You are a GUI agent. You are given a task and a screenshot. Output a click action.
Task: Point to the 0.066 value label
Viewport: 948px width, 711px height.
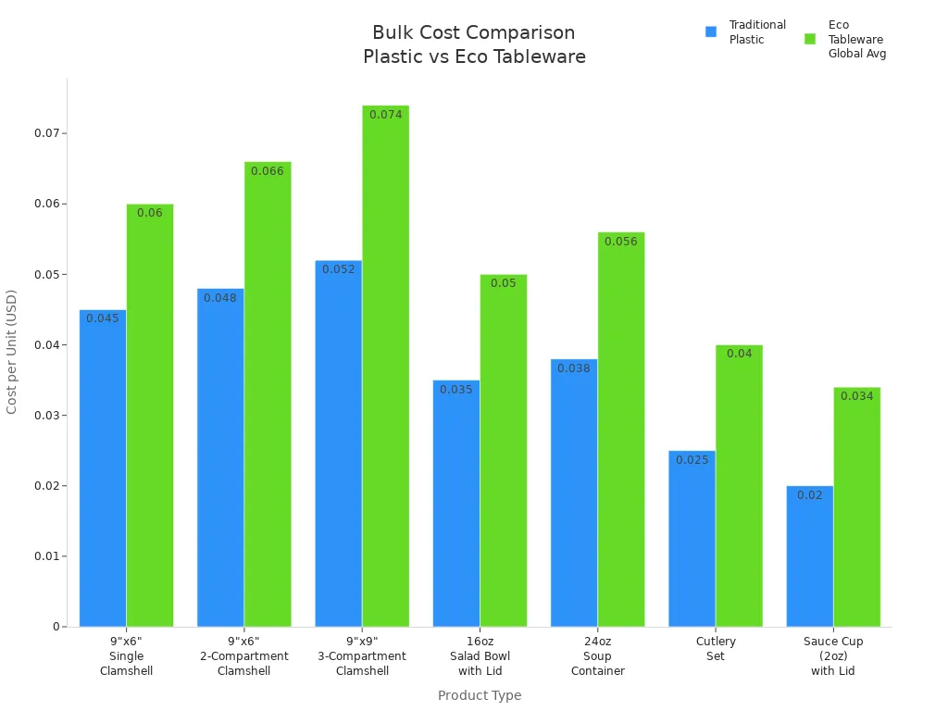pos(268,171)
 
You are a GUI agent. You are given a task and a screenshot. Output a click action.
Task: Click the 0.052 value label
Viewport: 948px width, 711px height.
pos(338,269)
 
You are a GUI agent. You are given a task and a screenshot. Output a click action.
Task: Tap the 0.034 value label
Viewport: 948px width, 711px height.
pos(856,396)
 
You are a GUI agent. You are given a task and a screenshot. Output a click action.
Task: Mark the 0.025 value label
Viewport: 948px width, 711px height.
pos(692,460)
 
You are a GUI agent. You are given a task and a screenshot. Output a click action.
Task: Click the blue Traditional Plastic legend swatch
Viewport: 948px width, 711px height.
pos(711,31)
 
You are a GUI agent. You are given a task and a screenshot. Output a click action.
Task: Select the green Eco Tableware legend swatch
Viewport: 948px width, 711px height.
pos(810,39)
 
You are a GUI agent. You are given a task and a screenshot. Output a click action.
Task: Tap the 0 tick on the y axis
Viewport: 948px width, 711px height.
pos(56,627)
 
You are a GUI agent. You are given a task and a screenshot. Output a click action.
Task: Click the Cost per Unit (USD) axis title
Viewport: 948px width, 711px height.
pos(12,352)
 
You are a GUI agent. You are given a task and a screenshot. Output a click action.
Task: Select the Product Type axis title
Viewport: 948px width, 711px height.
pos(480,695)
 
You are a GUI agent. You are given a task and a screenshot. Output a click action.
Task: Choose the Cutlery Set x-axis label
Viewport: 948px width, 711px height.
pos(716,648)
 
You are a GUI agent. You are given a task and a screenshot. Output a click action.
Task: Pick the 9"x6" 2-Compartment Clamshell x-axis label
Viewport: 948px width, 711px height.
pos(244,655)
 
